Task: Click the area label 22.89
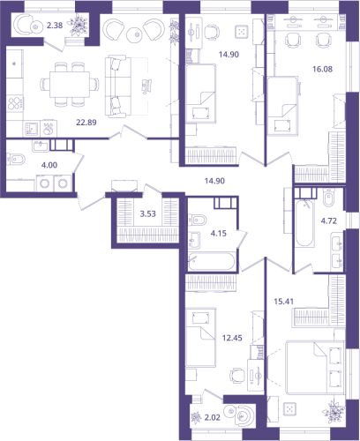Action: pyautogui.click(x=86, y=123)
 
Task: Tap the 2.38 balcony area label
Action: pyautogui.click(x=55, y=26)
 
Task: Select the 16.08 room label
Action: pyautogui.click(x=323, y=70)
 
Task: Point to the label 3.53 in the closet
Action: pyautogui.click(x=148, y=214)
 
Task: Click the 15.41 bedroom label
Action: pyautogui.click(x=284, y=302)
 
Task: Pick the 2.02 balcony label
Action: pyautogui.click(x=212, y=417)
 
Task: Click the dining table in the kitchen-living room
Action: pyautogui.click(x=70, y=84)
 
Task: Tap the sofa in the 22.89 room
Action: pyautogui.click(x=118, y=86)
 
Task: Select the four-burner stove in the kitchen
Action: pyautogui.click(x=15, y=102)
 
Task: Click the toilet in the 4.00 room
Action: pyautogui.click(x=16, y=160)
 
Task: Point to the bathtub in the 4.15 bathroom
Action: pyautogui.click(x=212, y=261)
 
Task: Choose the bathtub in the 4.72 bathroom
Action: pyautogui.click(x=304, y=222)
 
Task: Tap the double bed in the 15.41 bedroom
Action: pyautogui.click(x=315, y=368)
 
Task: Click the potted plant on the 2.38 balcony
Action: pyautogui.click(x=79, y=26)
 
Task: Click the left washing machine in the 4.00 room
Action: pyautogui.click(x=45, y=183)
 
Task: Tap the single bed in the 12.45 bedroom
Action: pyautogui.click(x=201, y=338)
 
